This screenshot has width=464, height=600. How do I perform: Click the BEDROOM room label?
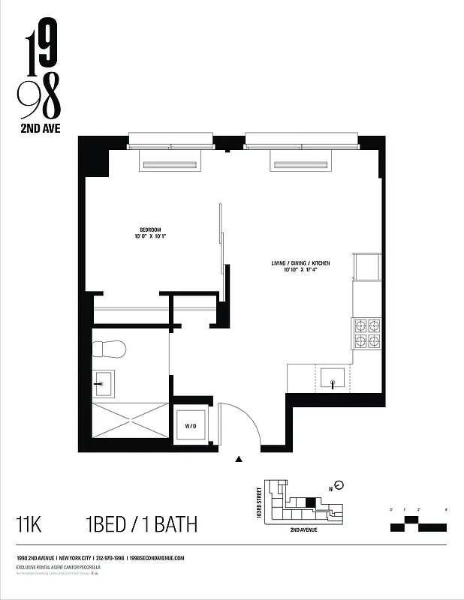[150, 229]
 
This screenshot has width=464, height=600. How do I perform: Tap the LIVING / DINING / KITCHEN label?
[300, 263]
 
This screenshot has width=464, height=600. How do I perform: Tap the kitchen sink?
[333, 379]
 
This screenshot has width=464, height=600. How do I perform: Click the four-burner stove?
[366, 334]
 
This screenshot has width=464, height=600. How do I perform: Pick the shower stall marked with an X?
[130, 421]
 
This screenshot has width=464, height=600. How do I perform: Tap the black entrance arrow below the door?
[239, 459]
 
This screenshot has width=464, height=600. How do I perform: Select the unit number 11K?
[29, 524]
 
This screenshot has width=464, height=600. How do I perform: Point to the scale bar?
[418, 523]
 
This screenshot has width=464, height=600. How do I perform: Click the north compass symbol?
[339, 484]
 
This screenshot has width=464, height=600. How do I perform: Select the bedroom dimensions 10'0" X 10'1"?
[150, 237]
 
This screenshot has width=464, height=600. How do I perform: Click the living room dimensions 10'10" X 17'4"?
[300, 271]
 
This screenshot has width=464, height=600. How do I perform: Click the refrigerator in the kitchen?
[368, 267]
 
